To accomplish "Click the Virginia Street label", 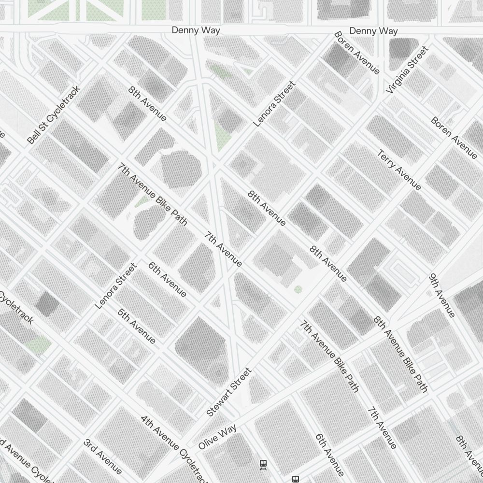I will [407, 70].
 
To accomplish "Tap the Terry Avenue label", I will [399, 170].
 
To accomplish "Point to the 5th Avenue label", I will [137, 327].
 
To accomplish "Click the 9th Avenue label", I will [442, 296].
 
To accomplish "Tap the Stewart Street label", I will [229, 392].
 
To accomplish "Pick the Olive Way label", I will [217, 437].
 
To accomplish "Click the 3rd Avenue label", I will [102, 456].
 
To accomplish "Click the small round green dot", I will [298, 289].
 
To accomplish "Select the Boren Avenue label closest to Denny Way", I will [356, 53].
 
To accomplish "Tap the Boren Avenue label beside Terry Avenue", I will [454, 138].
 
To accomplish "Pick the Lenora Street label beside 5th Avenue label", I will [116, 286].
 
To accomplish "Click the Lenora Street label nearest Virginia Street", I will [274, 104].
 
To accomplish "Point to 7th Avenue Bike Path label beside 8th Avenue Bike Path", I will [330, 356].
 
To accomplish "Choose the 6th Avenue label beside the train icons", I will [330, 455].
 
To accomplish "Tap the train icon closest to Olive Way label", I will [263, 464].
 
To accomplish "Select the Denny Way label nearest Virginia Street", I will [373, 31].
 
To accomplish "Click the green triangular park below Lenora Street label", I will [222, 135].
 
